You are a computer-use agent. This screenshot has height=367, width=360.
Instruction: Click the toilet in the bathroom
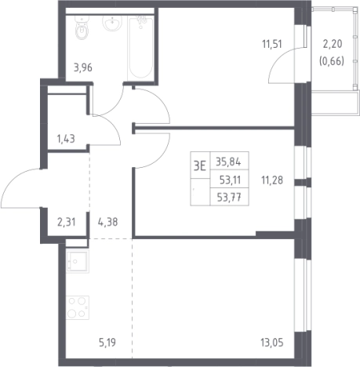82,28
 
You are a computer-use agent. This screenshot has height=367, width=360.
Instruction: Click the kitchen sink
78,261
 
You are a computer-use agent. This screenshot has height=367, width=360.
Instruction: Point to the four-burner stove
78,307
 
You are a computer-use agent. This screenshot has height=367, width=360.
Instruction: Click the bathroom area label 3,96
83,67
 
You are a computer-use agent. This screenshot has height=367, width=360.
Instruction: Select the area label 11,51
272,44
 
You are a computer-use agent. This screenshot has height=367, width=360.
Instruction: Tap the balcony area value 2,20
333,44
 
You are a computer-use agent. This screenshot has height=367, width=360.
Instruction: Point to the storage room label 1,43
66,139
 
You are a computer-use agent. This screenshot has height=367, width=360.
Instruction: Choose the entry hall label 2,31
67,222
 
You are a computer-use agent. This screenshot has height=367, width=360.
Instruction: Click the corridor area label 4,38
107,222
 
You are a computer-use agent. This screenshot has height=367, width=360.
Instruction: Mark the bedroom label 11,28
272,180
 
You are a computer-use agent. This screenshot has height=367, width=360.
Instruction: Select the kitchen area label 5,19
107,342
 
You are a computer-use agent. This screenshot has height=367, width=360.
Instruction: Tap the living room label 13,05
272,342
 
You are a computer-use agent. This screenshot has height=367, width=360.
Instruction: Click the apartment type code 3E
200,165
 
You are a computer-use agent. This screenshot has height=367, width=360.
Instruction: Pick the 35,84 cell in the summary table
228,162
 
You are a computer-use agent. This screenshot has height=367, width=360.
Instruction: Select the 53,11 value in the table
230,180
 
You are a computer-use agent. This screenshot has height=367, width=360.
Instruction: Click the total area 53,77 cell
229,197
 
